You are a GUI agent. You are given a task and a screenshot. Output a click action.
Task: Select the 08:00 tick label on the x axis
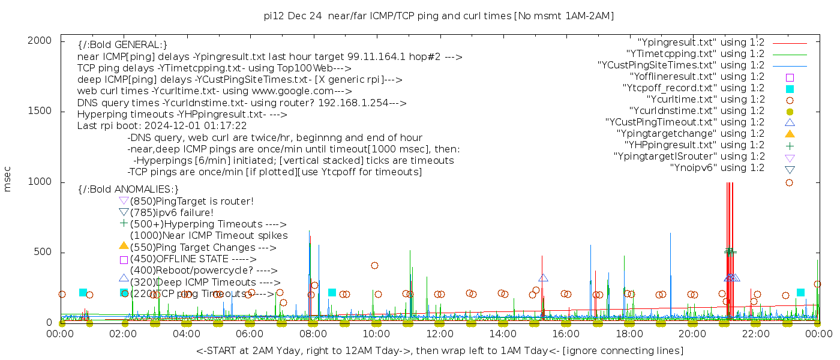(313, 334)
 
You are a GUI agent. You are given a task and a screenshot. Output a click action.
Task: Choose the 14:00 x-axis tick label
(502, 334)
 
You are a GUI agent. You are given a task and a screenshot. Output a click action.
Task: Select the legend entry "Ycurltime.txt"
(705, 100)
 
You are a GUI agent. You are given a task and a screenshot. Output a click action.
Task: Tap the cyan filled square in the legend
(790, 88)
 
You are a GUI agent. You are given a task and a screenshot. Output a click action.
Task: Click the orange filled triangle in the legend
(790, 134)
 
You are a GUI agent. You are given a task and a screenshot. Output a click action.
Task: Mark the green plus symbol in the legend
(790, 145)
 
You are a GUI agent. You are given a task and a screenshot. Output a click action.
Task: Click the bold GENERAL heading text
(122, 45)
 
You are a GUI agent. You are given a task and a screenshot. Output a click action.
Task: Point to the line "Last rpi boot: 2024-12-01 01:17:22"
(162, 126)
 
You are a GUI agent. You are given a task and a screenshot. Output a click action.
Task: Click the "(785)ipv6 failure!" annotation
(172, 213)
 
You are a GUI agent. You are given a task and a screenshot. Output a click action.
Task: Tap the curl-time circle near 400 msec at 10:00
(374, 265)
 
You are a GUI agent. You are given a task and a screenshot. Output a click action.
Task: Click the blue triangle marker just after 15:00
(543, 278)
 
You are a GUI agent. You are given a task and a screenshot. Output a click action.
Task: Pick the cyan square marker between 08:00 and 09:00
(332, 292)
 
